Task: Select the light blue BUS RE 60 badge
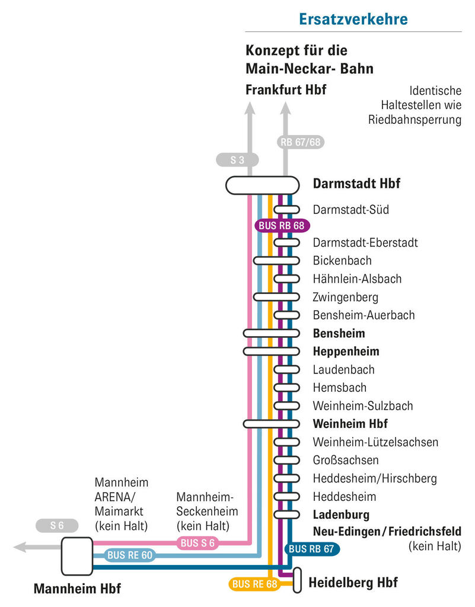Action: [130, 555]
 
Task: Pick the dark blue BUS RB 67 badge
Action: [312, 549]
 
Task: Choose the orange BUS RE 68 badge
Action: [255, 584]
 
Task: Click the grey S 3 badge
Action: [237, 159]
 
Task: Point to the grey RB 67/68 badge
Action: [301, 142]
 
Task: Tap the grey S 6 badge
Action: [57, 525]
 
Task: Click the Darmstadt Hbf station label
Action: [356, 184]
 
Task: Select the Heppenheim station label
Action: [346, 352]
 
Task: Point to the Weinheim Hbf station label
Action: [350, 424]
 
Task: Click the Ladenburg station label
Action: [341, 515]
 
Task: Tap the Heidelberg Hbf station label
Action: [353, 583]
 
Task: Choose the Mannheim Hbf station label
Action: [77, 589]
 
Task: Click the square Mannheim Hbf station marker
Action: [77, 556]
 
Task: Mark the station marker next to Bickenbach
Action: [276, 261]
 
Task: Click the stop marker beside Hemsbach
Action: [286, 388]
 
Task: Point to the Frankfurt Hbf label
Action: [286, 90]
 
